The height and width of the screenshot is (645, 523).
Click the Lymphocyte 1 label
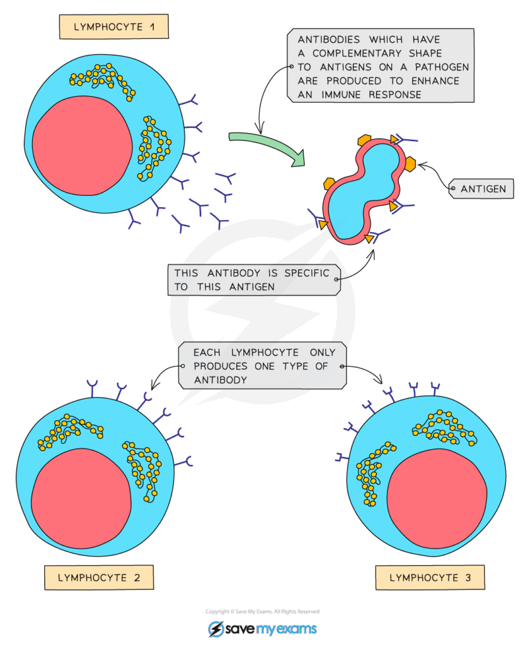113,27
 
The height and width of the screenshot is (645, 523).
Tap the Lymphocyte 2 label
98,577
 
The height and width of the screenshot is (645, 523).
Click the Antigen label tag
483,188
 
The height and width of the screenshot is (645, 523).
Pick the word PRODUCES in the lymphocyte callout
219,367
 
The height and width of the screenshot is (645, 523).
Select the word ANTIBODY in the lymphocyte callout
220,380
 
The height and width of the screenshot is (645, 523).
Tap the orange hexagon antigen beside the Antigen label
409,164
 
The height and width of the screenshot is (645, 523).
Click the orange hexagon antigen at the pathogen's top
364,140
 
